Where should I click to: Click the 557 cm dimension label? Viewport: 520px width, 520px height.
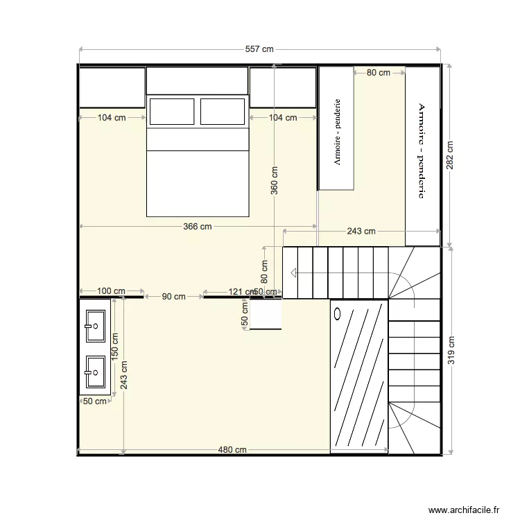(x=260, y=49)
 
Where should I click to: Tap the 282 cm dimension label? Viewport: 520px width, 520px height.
(x=450, y=157)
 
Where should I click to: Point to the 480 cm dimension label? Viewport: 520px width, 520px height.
(x=232, y=449)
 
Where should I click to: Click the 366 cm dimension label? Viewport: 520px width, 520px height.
(x=198, y=226)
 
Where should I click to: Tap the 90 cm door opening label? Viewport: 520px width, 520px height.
(x=173, y=296)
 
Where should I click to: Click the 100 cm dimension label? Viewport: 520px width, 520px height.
(x=112, y=291)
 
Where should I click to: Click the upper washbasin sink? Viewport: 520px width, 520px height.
(x=95, y=324)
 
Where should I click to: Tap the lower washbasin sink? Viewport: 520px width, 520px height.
(x=95, y=372)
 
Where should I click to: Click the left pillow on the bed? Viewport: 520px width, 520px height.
(x=172, y=111)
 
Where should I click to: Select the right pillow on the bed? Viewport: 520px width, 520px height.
(x=223, y=111)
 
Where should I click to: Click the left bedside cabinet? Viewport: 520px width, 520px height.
(x=112, y=87)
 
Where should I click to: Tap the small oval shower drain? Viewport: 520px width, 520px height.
(x=338, y=313)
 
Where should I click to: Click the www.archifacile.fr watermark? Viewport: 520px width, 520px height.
(x=464, y=509)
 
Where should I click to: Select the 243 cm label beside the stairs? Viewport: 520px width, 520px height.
(x=361, y=232)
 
